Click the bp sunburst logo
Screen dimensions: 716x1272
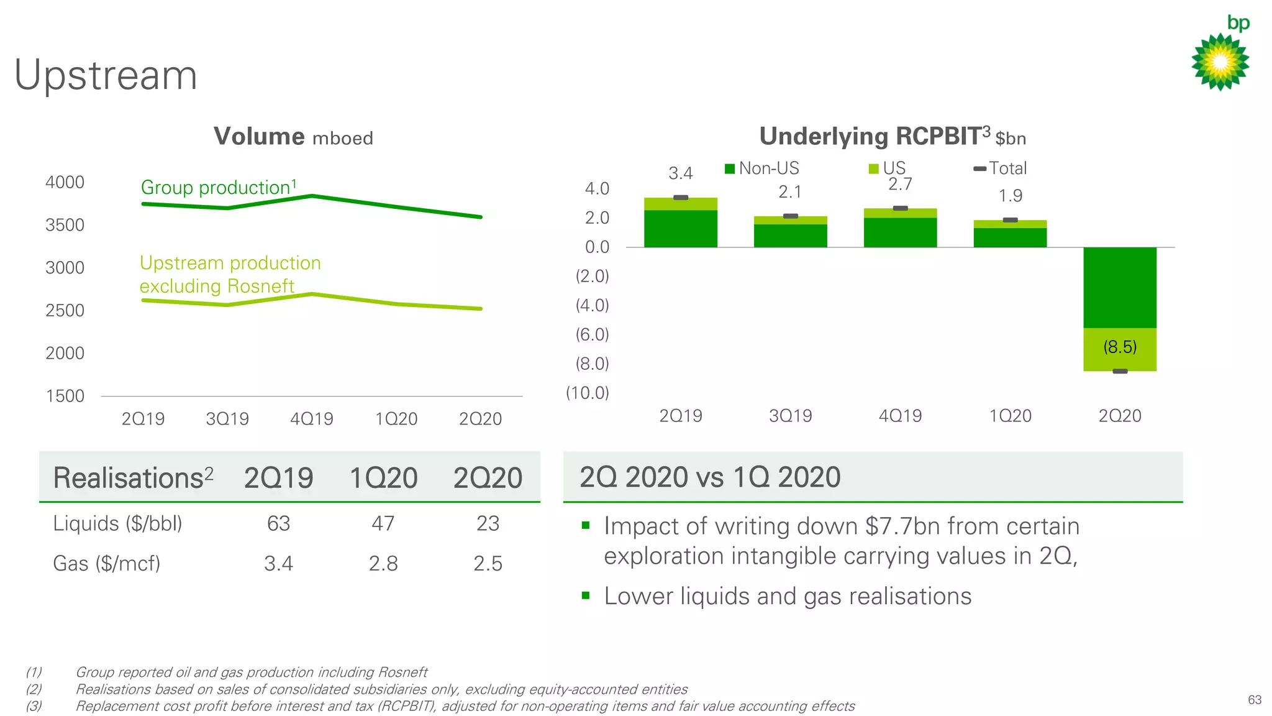coord(1220,62)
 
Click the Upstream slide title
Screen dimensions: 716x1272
coord(106,75)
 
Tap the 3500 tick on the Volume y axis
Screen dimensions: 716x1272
coord(65,225)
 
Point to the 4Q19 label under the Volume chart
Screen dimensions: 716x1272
coord(312,419)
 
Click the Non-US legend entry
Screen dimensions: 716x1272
coord(763,168)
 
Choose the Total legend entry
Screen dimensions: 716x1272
coord(1001,168)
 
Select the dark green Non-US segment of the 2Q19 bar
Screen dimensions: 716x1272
coord(680,229)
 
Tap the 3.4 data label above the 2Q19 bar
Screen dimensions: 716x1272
coord(680,173)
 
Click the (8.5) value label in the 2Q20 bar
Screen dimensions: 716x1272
coord(1120,347)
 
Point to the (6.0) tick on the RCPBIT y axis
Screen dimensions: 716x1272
coord(592,335)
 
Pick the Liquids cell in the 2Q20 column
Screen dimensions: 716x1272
coord(488,523)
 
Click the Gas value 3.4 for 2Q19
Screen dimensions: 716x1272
coord(278,564)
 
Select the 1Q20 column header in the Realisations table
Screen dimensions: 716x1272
coord(383,478)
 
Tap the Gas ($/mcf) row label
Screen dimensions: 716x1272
coord(107,564)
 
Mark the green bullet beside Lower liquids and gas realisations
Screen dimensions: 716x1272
coord(585,595)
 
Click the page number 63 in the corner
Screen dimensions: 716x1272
coord(1254,700)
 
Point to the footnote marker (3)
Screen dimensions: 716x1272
coord(34,706)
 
